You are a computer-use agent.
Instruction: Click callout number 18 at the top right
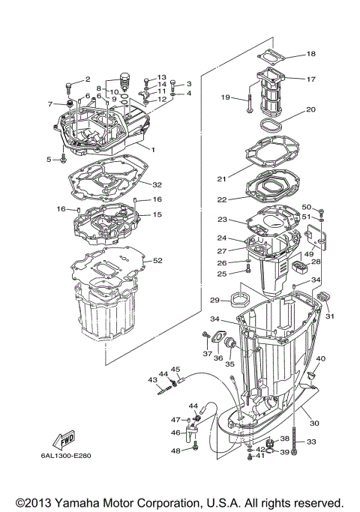pyautogui.click(x=310, y=53)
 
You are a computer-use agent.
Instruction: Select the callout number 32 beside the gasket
pyautogui.click(x=157, y=184)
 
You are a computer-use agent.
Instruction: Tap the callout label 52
pyautogui.click(x=157, y=261)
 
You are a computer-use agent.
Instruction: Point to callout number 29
pyautogui.click(x=214, y=300)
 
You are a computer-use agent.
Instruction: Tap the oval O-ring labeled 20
pyautogui.click(x=271, y=122)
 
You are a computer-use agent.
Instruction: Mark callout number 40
pyautogui.click(x=320, y=359)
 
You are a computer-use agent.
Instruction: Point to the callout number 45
pyautogui.click(x=175, y=370)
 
